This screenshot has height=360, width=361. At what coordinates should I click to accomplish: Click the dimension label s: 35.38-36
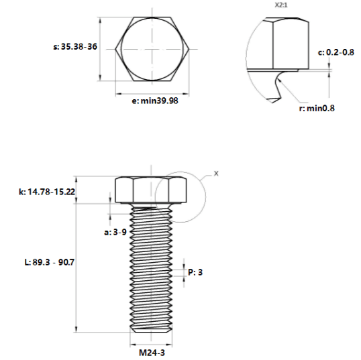75,47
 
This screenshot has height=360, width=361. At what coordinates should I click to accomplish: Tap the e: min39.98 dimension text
155,101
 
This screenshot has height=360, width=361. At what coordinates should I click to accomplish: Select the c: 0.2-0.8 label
336,52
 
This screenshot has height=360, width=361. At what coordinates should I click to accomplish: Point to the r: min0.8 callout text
317,108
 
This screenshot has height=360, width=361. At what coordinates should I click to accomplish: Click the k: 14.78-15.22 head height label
47,192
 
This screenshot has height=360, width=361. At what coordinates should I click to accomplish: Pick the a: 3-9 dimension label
115,232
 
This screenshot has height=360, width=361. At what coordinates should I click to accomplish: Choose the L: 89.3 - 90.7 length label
49,262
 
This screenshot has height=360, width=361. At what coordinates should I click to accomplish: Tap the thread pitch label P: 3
195,272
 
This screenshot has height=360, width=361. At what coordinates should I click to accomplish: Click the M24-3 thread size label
152,353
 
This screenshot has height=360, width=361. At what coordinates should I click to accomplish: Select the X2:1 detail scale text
281,5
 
